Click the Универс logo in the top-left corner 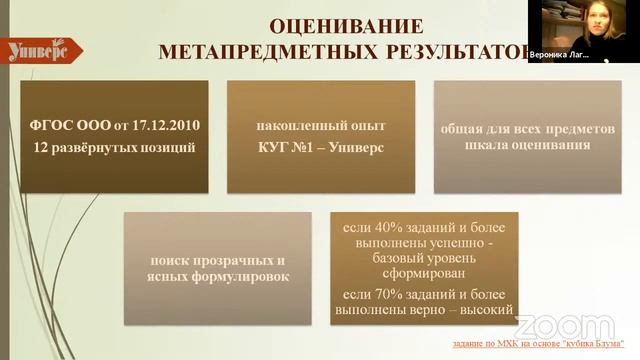coord(37,50)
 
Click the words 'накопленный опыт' coord(320,126)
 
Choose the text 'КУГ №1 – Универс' coord(320,148)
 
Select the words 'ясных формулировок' coord(217,276)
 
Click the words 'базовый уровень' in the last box coord(424,257)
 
